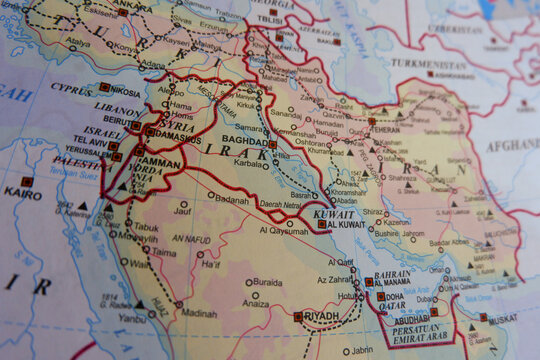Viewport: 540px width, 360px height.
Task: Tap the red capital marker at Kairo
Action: click(27, 182)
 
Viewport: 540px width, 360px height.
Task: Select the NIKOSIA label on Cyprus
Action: click(127, 88)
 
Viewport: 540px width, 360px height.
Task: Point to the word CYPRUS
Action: click(72, 89)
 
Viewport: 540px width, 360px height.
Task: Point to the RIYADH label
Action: click(322, 316)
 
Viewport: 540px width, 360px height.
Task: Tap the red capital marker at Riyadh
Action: click(299, 316)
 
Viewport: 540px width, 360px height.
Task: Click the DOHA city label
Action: click(393, 296)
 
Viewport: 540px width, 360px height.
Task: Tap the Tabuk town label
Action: click(146, 227)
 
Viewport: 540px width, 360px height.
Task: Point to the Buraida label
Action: click(266, 282)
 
